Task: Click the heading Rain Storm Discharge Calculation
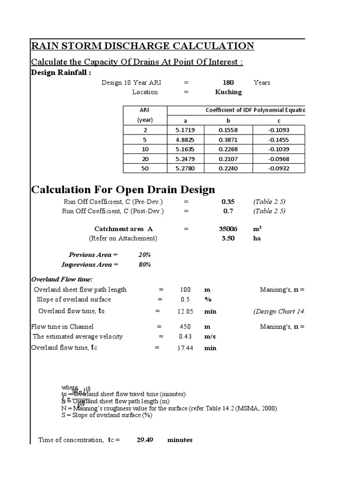pos(142,46)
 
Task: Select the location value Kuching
pos(228,92)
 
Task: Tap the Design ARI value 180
pos(228,82)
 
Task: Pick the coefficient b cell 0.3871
pos(228,139)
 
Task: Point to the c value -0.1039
pos(278,149)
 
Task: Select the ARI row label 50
pos(145,168)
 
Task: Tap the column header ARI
pos(145,110)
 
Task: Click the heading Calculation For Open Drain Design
pos(123,190)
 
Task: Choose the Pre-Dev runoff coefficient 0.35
pos(228,202)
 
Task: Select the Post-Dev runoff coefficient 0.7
pos(228,211)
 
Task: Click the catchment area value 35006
pos(228,229)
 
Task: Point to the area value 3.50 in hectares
pos(228,238)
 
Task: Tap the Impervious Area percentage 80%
pos(144,264)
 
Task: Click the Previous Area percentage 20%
pos(144,255)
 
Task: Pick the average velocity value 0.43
pos(186,336)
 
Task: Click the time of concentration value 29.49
pos(146,440)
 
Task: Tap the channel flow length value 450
pos(186,326)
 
